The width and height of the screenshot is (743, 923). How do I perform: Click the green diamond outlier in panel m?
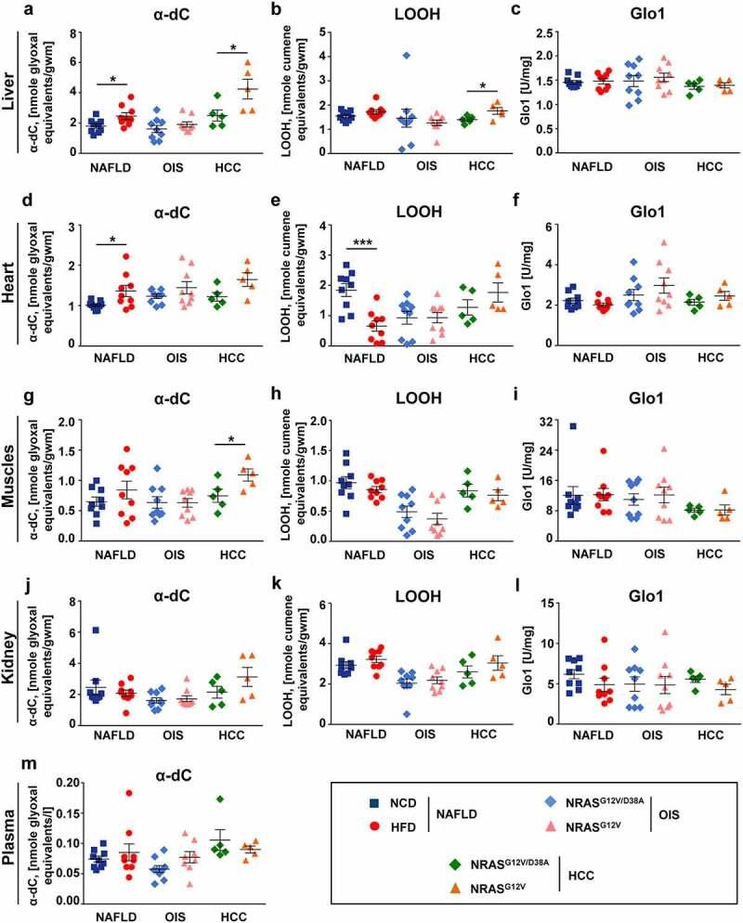click(219, 799)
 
